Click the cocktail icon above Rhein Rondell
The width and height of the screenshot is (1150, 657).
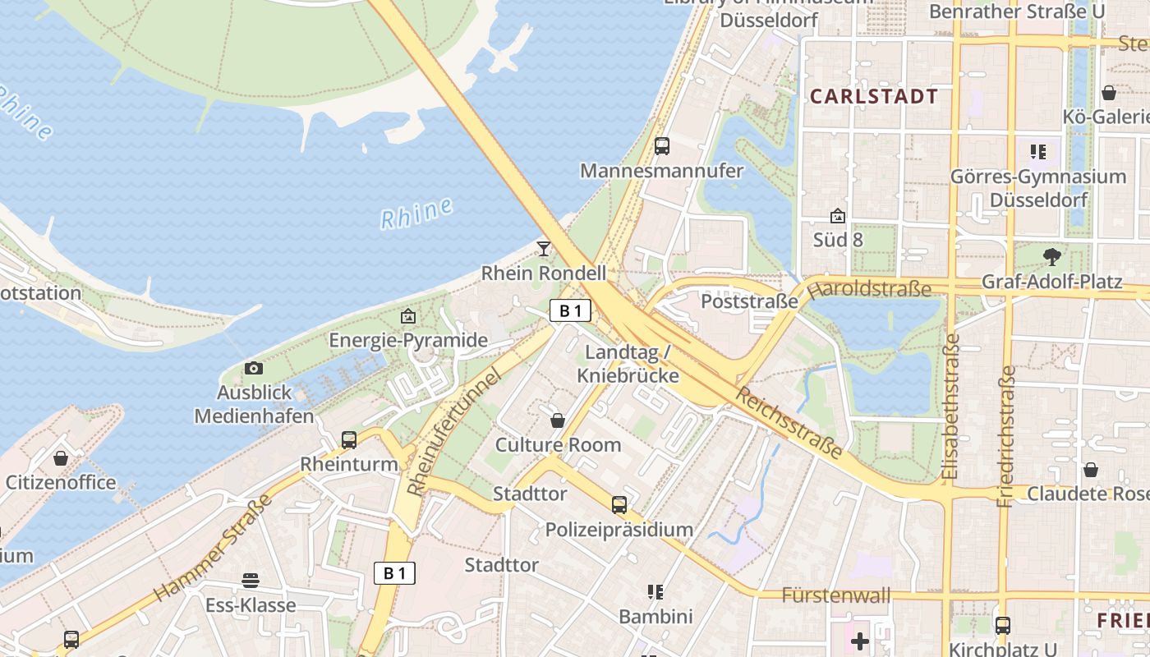(543, 248)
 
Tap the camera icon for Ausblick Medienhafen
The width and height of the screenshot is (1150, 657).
(254, 368)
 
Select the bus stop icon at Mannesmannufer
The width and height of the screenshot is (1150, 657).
(661, 147)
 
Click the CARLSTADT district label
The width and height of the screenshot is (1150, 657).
(874, 96)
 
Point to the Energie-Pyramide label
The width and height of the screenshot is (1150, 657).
(408, 340)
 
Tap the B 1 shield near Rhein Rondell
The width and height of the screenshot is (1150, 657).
(570, 310)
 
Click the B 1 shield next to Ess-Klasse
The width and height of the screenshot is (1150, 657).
(394, 573)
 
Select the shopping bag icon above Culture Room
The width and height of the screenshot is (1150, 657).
(558, 420)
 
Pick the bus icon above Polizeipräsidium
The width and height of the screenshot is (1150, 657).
(619, 505)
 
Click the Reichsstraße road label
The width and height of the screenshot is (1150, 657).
(789, 423)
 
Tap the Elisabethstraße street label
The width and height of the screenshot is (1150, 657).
(952, 407)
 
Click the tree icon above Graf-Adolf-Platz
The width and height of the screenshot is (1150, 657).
(1051, 257)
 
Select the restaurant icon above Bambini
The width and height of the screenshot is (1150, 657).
(655, 591)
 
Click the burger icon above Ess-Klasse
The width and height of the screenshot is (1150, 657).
(251, 581)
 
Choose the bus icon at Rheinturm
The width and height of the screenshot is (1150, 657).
(349, 439)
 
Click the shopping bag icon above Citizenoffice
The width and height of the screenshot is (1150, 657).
(60, 457)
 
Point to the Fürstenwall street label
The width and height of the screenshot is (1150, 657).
(835, 595)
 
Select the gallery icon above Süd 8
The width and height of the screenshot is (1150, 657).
(838, 216)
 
